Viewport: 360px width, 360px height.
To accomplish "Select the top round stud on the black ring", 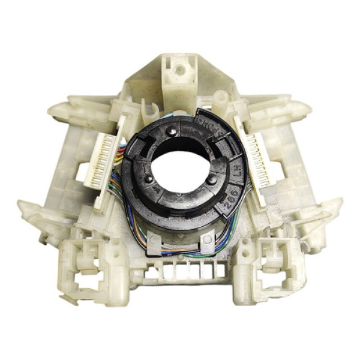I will click(173, 131).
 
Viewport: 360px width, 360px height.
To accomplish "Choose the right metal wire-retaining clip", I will click(208, 241).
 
